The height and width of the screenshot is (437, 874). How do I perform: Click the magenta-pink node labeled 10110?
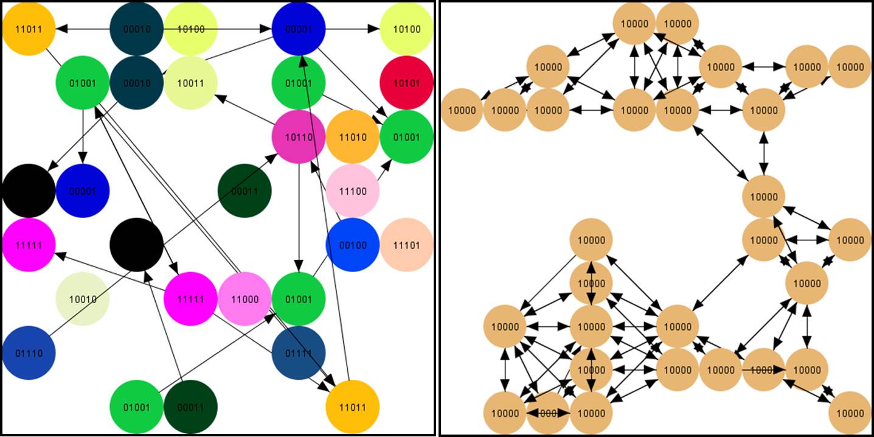(299, 137)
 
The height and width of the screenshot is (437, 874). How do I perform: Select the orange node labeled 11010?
(353, 137)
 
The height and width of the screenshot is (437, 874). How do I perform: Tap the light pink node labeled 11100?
(353, 191)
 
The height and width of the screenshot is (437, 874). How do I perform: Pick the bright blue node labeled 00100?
(353, 245)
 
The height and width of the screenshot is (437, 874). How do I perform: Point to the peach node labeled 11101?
(406, 245)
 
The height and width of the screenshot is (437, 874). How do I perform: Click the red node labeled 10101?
(406, 83)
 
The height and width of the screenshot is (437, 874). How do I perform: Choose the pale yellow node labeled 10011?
(191, 83)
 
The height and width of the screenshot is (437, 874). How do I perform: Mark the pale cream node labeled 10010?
(83, 299)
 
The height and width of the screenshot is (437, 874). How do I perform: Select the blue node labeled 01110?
(29, 352)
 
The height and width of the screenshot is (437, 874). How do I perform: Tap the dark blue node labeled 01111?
(299, 352)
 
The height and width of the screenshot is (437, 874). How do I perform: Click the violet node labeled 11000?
(245, 299)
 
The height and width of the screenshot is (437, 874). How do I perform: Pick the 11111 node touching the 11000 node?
(191, 299)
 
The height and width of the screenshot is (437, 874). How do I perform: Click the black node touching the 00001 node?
(29, 191)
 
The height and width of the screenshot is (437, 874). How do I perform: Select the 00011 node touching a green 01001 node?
(191, 407)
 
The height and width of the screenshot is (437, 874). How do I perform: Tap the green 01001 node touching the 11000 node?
(299, 299)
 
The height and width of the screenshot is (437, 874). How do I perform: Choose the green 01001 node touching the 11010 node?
(406, 137)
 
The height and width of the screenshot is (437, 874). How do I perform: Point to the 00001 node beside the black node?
(83, 191)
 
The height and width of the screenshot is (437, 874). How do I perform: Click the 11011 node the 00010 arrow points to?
(29, 29)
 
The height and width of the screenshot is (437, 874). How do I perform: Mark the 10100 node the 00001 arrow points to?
(406, 29)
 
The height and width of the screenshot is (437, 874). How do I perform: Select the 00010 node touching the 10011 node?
(137, 83)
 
